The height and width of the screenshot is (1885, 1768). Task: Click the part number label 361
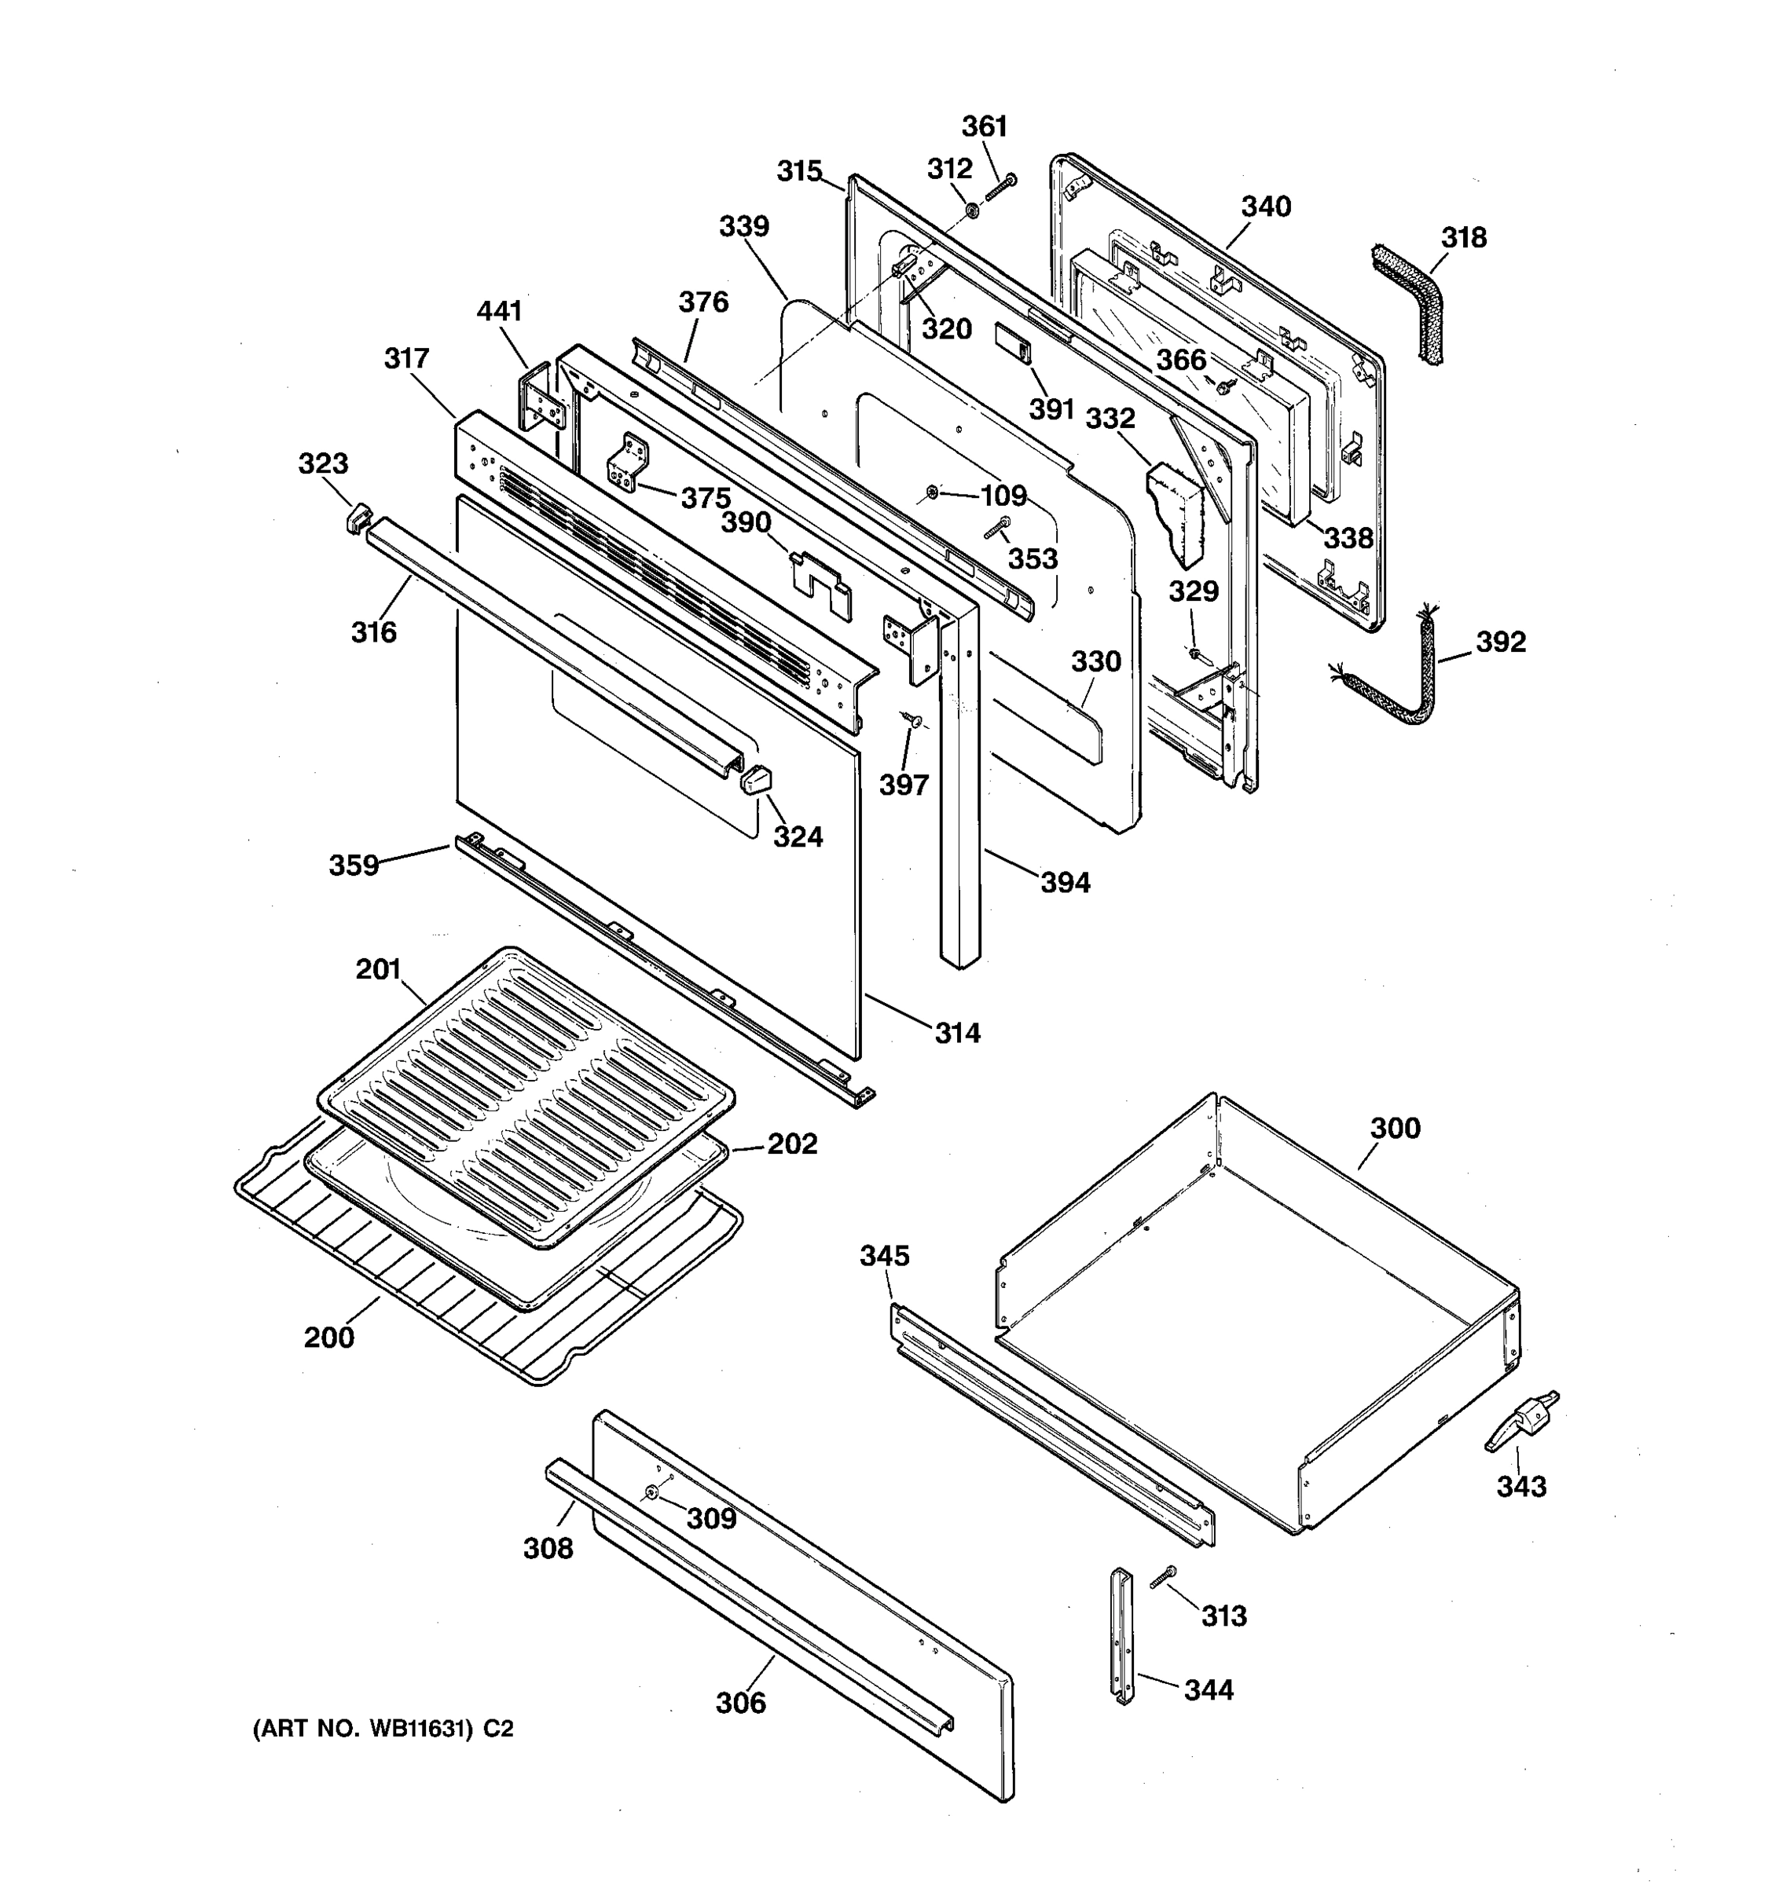point(984,126)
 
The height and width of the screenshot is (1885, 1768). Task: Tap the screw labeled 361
point(1000,187)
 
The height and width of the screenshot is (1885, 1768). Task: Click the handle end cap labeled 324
point(756,781)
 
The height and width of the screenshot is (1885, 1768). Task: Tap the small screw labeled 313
point(1163,1576)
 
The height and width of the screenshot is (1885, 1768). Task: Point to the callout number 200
point(328,1338)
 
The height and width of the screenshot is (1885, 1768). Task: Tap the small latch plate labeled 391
point(1011,342)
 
